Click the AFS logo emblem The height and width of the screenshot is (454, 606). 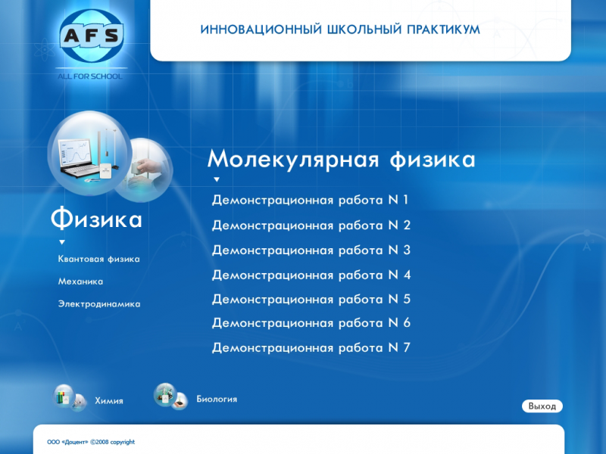(x=92, y=36)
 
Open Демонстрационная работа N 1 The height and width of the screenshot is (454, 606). (x=310, y=200)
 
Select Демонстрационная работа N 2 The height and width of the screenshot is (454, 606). (x=311, y=225)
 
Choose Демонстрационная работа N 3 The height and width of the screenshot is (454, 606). (x=311, y=250)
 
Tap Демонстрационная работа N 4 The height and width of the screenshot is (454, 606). (x=311, y=275)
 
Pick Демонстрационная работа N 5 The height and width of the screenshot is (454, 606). (x=311, y=299)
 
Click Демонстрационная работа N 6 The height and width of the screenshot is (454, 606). (x=311, y=323)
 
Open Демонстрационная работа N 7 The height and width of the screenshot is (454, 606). (x=311, y=348)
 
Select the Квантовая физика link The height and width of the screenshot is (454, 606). (x=99, y=259)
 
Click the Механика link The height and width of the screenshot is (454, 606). (x=80, y=281)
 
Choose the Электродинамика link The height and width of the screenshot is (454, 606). (x=99, y=304)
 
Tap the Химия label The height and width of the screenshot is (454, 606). (x=109, y=401)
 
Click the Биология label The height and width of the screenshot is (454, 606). (x=217, y=400)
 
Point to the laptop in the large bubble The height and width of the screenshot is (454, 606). (x=77, y=159)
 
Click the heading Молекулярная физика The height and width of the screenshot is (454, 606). (x=342, y=160)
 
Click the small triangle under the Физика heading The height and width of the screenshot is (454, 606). (x=62, y=242)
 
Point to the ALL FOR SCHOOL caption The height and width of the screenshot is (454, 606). (x=90, y=76)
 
